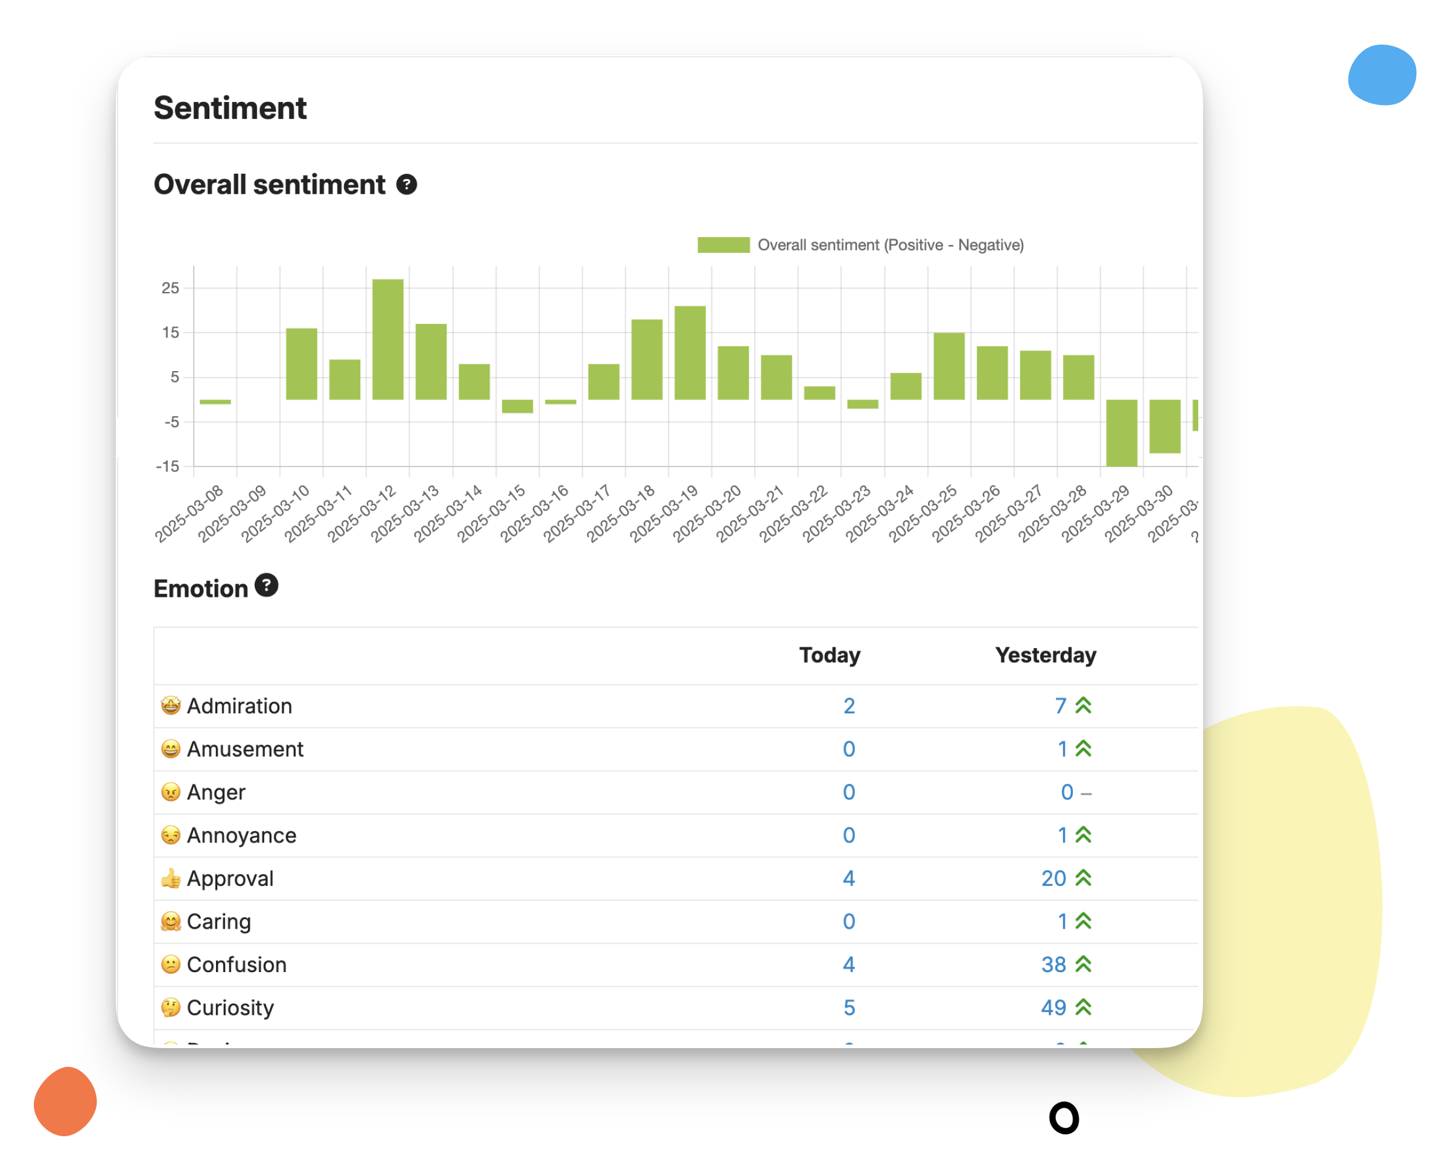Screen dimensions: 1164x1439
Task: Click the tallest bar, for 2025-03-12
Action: click(x=387, y=339)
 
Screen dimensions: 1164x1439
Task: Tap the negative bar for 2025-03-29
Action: click(x=1121, y=433)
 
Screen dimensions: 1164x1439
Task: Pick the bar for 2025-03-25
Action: click(x=949, y=366)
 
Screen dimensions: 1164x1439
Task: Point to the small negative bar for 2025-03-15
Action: click(x=517, y=405)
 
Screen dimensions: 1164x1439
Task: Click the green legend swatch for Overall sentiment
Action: click(x=723, y=245)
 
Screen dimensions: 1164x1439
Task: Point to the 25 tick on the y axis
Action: click(x=170, y=288)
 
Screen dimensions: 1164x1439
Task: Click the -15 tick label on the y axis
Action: click(x=168, y=466)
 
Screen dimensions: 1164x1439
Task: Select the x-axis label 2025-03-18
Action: click(x=620, y=514)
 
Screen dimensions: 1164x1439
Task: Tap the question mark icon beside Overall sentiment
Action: click(x=406, y=185)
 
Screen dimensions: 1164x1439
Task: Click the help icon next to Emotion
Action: click(x=266, y=585)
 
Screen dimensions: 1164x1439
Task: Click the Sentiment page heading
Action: click(x=230, y=108)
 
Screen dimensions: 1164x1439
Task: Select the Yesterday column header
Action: click(x=1045, y=655)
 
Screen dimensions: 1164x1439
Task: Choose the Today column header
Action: click(x=830, y=655)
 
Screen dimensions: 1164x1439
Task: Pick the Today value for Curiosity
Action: click(x=849, y=1008)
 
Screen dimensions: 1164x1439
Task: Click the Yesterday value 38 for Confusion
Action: click(x=1053, y=965)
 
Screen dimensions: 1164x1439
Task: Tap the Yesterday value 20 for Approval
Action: click(x=1053, y=879)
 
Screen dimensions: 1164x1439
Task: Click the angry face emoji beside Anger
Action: click(x=171, y=792)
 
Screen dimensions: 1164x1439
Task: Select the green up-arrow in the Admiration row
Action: click(x=1084, y=706)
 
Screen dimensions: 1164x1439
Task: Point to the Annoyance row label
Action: click(x=241, y=836)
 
